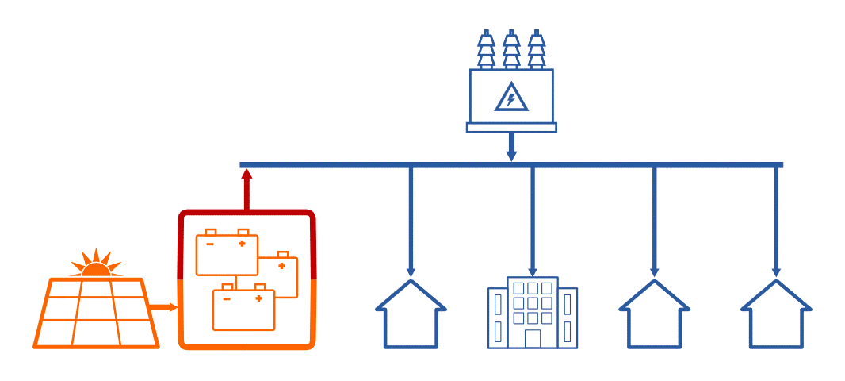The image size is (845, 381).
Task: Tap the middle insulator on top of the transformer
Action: [x=511, y=49]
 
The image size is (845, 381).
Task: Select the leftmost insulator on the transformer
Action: [x=486, y=49]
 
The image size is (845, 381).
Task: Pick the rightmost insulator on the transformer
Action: [x=537, y=49]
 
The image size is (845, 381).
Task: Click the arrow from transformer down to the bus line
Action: [x=511, y=147]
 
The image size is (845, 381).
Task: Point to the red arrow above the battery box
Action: [x=247, y=189]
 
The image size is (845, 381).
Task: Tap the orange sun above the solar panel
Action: [x=97, y=265]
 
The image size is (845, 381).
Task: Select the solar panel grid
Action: [x=96, y=313]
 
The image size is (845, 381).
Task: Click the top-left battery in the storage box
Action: [x=227, y=252]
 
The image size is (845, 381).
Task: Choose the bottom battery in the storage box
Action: [x=243, y=310]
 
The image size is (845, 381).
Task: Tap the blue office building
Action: [x=532, y=313]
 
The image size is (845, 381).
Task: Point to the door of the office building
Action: [x=532, y=339]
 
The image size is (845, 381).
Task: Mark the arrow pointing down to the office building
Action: [x=532, y=222]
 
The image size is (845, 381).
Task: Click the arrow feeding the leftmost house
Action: [x=411, y=222]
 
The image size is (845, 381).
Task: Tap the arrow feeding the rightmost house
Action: [x=776, y=222]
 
